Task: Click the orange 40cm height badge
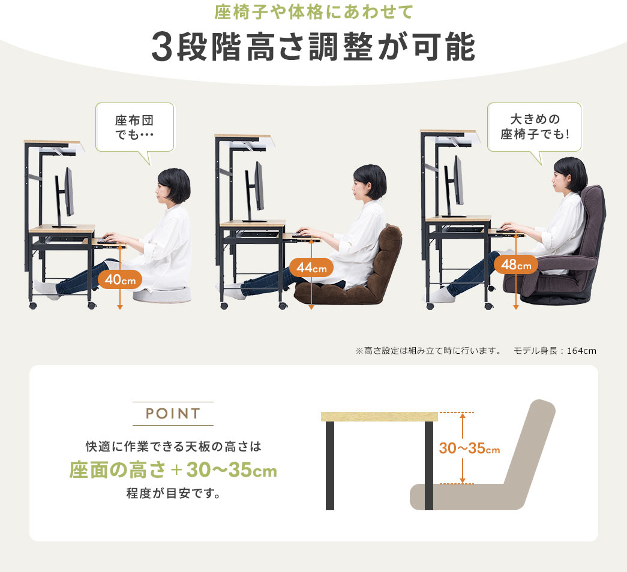coord(120,280)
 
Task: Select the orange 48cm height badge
coord(516,264)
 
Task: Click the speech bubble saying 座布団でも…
coord(135,128)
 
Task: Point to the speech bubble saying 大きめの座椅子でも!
coord(534,128)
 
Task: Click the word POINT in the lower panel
coord(173,413)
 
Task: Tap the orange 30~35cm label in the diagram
coord(469,448)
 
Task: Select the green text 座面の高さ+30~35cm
coord(173,469)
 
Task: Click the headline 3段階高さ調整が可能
coord(313,47)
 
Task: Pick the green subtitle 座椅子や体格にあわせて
coord(313,11)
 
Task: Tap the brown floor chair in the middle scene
coord(349,272)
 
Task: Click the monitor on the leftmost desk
coord(65,197)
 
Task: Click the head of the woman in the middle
coord(370,182)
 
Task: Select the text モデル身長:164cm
coord(554,351)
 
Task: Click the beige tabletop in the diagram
coord(379,417)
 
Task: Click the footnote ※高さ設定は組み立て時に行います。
coord(428,351)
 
